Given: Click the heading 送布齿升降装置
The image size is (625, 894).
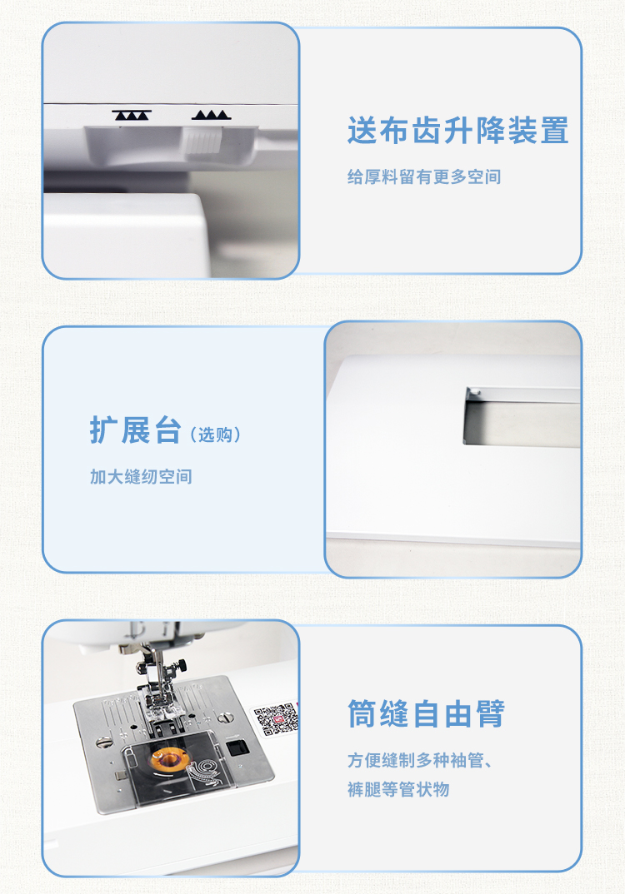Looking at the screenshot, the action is click(x=457, y=131).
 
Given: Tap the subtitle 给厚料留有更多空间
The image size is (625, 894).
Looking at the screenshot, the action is click(x=424, y=176).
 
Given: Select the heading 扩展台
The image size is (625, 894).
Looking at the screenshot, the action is click(x=135, y=430).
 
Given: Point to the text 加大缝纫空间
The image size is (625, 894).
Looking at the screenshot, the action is click(x=141, y=477).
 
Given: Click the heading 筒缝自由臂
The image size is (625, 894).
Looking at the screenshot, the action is click(x=427, y=714).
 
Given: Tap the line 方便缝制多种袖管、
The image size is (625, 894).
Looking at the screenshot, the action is click(x=420, y=761).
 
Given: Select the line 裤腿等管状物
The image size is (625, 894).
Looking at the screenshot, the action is click(x=398, y=790).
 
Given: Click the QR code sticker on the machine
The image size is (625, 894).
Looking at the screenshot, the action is click(x=277, y=719).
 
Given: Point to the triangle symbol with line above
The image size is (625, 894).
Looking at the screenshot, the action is click(x=132, y=115).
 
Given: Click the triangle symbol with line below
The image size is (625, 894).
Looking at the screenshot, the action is click(x=211, y=115).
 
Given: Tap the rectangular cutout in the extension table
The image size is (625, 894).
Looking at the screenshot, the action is click(x=521, y=415).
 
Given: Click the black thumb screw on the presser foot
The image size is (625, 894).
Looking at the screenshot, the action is click(x=182, y=665).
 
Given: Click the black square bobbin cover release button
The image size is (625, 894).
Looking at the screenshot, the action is click(x=236, y=747).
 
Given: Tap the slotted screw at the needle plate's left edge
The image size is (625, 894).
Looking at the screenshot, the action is click(x=103, y=742).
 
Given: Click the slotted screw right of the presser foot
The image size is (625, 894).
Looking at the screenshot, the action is click(x=226, y=718).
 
